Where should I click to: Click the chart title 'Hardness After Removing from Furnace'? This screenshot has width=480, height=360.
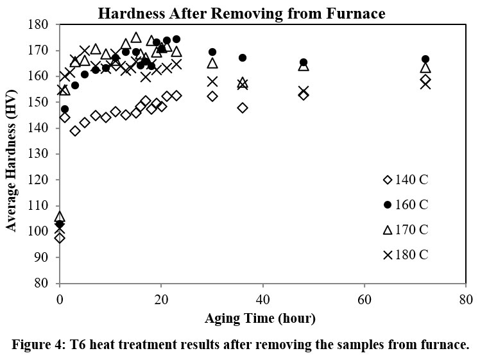coord(250,13)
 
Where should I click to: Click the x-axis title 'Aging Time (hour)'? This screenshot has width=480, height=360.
coord(261,318)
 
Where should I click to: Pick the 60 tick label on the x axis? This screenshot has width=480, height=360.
coord(364,300)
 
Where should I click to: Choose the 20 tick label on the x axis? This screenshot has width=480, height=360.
coord(161,300)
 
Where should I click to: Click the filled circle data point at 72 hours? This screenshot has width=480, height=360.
coord(425,59)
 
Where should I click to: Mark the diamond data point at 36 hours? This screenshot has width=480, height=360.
coord(243,108)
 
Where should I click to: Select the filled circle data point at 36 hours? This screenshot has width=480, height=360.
coord(243,58)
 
